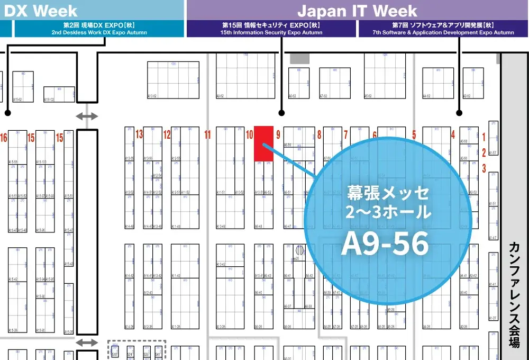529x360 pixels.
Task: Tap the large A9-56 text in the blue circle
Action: [x=385, y=244]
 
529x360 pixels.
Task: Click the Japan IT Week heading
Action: [x=357, y=11]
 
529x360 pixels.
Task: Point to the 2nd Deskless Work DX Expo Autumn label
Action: [x=99, y=29]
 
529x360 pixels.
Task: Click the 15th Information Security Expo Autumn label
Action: [x=271, y=29]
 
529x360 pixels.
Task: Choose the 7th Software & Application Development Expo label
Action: [x=443, y=29]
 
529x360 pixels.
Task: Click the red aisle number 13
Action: [x=140, y=134]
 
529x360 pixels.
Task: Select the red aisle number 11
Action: [x=207, y=134]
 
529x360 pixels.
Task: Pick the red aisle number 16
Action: [x=4, y=138]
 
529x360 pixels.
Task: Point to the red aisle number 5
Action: [x=414, y=134]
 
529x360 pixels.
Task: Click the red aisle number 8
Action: [x=319, y=134]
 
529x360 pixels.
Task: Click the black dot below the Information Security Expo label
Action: [x=281, y=113]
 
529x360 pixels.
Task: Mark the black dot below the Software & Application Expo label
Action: [x=459, y=113]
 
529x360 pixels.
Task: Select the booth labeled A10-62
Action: [x=174, y=80]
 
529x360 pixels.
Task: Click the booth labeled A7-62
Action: [x=334, y=83]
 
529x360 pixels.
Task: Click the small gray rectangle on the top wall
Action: [x=299, y=58]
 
